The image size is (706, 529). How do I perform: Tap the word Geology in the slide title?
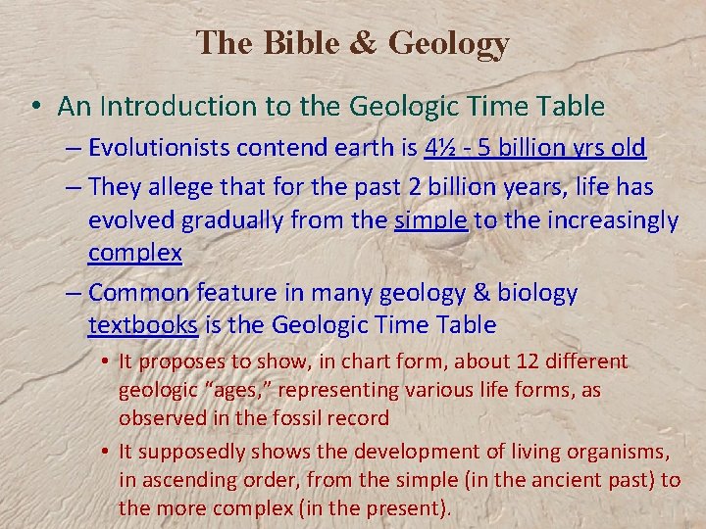pyautogui.click(x=449, y=44)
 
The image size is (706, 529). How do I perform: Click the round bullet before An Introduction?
pyautogui.click(x=40, y=107)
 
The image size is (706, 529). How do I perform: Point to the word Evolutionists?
pyautogui.click(x=158, y=148)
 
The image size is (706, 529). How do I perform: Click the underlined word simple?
pyautogui.click(x=430, y=220)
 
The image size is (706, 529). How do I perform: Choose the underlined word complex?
pyautogui.click(x=134, y=254)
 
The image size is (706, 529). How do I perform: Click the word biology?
pyautogui.click(x=538, y=293)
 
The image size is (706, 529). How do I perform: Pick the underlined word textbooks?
pyautogui.click(x=143, y=325)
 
